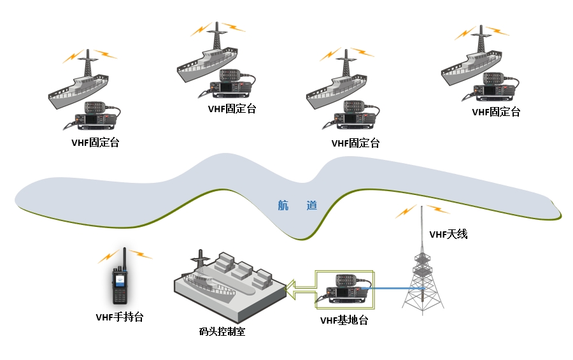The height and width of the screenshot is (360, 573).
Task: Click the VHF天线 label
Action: coord(448,234)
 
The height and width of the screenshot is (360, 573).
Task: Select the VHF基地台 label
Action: coord(344,320)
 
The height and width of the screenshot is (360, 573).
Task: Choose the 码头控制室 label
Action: coord(222,331)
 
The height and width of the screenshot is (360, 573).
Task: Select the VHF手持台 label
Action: coord(120,317)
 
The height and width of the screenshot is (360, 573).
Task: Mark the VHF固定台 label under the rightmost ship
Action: coord(496,112)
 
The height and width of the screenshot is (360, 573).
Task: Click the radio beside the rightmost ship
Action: coord(497,87)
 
